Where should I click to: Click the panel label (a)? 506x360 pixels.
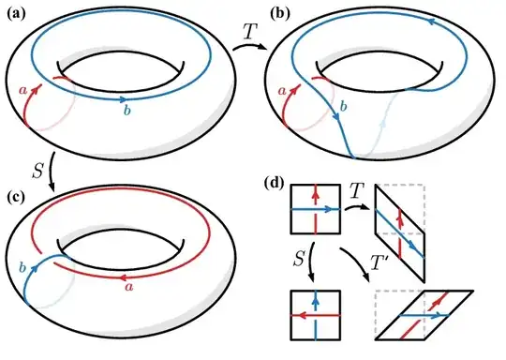[x=16, y=12]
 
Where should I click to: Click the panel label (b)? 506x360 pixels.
[x=278, y=12]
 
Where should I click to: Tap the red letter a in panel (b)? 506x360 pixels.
[x=281, y=90]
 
